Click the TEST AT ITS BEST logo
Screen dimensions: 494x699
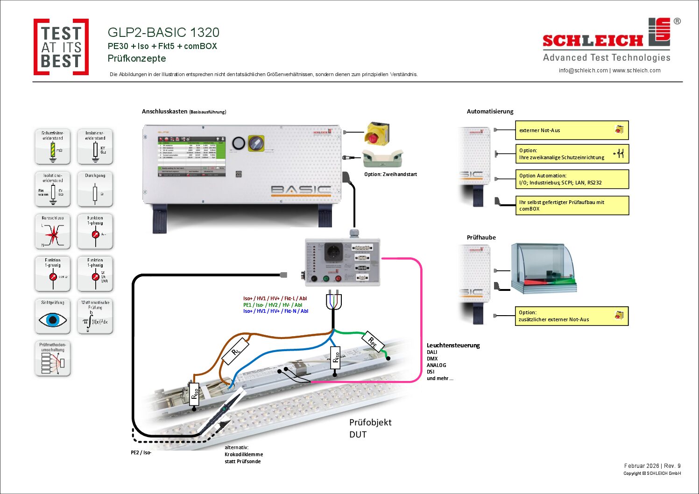coord(61,47)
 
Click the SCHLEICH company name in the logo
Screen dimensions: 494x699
coord(593,41)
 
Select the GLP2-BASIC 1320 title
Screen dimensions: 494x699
coord(163,32)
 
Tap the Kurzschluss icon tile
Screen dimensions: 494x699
coord(53,232)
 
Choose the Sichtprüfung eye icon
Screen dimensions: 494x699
coord(53,319)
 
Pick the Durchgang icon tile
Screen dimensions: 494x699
coord(95,190)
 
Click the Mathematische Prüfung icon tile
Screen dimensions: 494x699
coord(95,316)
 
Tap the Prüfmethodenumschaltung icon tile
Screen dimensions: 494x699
coord(53,359)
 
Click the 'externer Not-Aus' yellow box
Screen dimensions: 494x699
coord(572,130)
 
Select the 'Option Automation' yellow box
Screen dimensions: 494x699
coord(572,179)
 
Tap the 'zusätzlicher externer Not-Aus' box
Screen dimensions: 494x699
coord(572,316)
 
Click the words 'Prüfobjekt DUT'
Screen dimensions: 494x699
coord(370,428)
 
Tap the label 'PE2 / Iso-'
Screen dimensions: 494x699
coord(141,452)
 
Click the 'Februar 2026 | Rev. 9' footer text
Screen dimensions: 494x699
coord(652,466)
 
